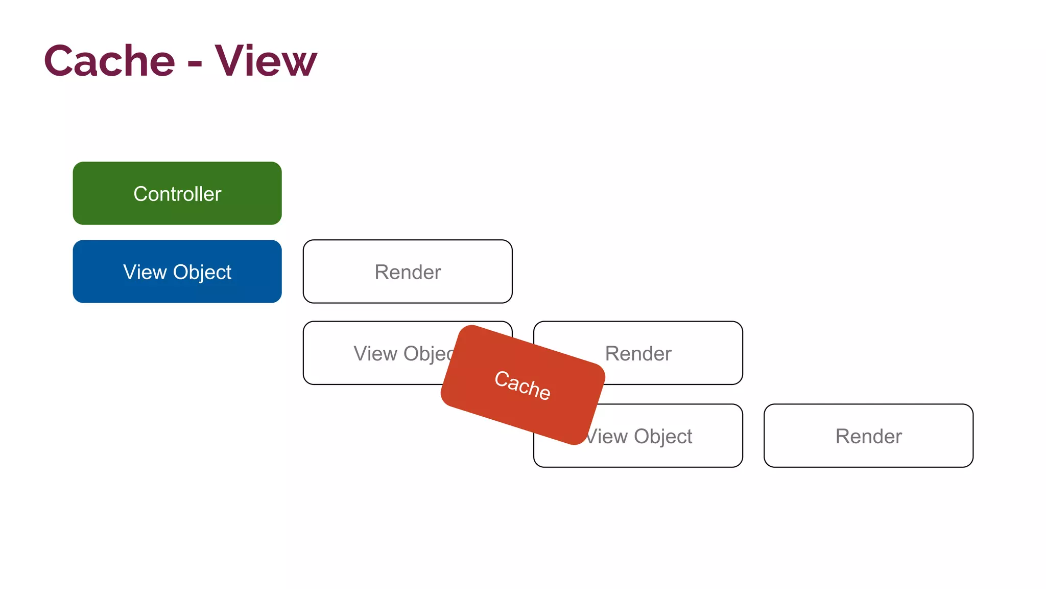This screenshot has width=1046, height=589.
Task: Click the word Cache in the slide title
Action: tap(110, 61)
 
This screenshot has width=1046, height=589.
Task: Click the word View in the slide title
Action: tap(266, 61)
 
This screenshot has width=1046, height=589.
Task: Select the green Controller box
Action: tap(177, 193)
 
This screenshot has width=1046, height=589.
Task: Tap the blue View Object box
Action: tap(177, 271)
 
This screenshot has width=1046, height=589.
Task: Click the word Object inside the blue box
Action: tap(202, 273)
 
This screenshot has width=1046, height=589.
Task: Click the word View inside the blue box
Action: tap(145, 272)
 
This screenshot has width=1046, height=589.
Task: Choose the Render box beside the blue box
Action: tap(408, 271)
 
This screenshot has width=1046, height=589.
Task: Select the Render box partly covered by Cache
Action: tap(664, 353)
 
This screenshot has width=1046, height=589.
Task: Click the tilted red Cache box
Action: tap(522, 384)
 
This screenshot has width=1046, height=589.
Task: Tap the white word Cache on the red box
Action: tap(522, 384)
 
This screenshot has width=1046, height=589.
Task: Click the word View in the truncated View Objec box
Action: tap(375, 353)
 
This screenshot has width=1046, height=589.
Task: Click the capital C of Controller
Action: tap(140, 194)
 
